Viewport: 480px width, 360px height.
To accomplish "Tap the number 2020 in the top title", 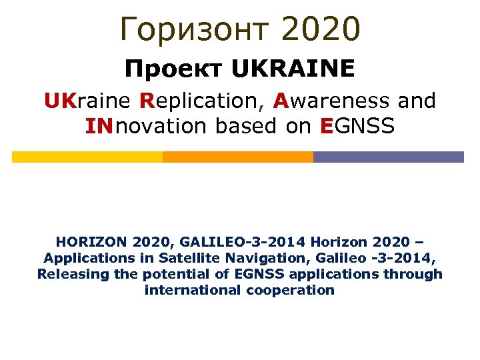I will point(321,28).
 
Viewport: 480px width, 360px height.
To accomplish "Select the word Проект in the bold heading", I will point(175,68).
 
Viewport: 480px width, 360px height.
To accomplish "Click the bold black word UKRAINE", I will point(293,68).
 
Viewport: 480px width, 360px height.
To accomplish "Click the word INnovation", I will point(146,125).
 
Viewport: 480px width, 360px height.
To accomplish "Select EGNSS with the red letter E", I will point(357,125).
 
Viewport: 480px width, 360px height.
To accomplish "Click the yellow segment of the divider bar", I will point(87,157).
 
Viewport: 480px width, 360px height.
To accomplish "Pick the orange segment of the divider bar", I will point(237,157).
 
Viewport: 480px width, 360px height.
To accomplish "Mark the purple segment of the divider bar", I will point(388,157).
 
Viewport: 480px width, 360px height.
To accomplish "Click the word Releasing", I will point(66,273).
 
